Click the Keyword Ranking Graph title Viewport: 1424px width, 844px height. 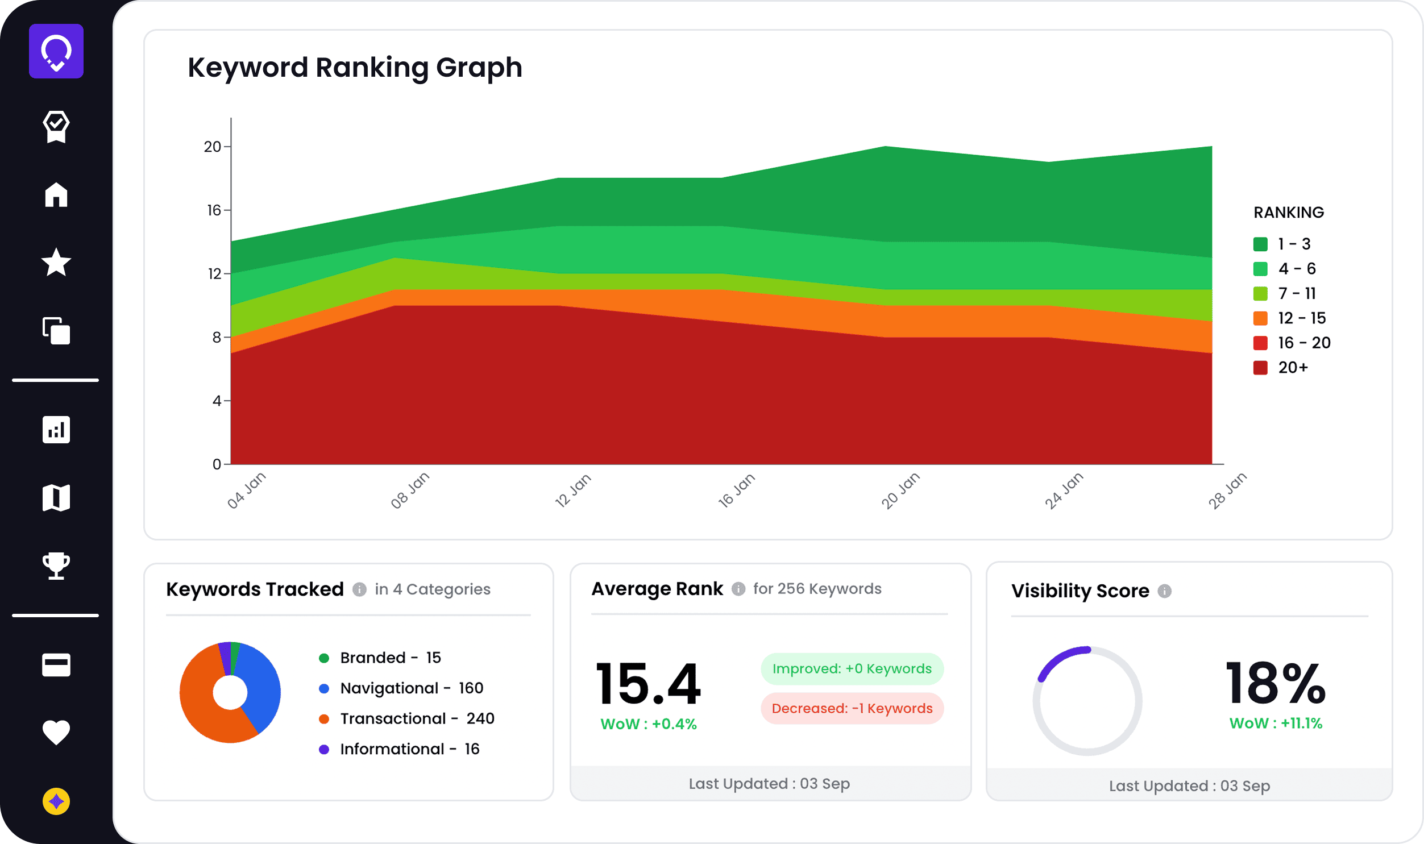tap(355, 68)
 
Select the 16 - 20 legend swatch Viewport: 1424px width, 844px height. tap(1260, 343)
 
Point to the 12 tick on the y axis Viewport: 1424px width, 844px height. tap(214, 274)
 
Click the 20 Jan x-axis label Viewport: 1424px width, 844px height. tap(900, 490)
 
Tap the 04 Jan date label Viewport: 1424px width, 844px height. tap(246, 490)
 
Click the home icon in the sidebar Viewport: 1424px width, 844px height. tap(56, 194)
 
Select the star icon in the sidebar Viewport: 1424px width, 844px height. tap(56, 262)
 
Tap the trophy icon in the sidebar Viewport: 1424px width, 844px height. tap(56, 566)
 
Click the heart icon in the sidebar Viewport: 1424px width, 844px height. tap(56, 732)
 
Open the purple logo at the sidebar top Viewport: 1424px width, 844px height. tap(56, 51)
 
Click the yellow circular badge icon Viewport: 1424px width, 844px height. tap(56, 801)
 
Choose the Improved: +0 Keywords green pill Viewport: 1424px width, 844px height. tap(852, 669)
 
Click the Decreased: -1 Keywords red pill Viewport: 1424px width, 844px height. tap(852, 709)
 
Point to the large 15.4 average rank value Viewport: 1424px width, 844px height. tap(648, 684)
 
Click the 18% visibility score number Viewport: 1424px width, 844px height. tap(1276, 684)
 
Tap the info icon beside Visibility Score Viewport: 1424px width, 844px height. tap(1165, 592)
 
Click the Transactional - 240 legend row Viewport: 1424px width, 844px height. tap(417, 719)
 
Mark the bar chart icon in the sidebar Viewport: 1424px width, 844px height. tap(56, 430)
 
